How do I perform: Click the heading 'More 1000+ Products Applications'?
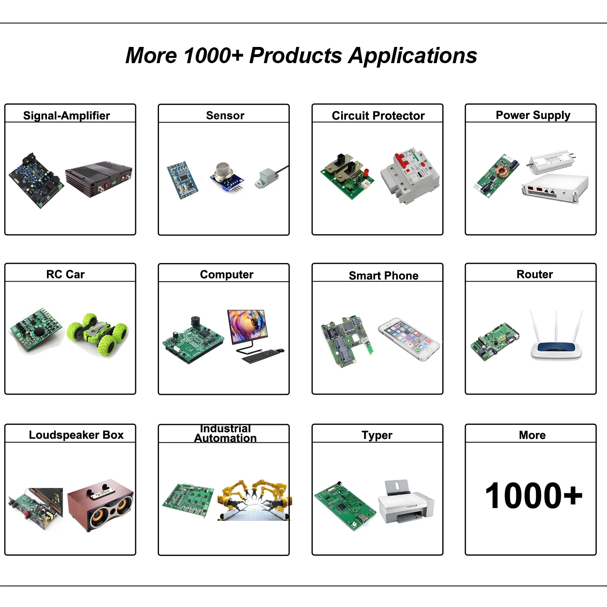tap(301, 56)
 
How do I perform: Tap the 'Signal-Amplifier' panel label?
tap(66, 116)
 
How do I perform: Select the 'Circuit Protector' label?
tap(378, 116)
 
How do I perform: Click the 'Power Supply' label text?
tap(533, 115)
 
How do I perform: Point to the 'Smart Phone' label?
tap(384, 276)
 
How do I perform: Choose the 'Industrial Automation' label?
tap(225, 433)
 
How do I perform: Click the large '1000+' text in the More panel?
tap(533, 495)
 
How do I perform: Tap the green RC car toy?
tap(98, 334)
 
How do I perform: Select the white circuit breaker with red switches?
tap(410, 176)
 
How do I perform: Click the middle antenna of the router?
tap(556, 326)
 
